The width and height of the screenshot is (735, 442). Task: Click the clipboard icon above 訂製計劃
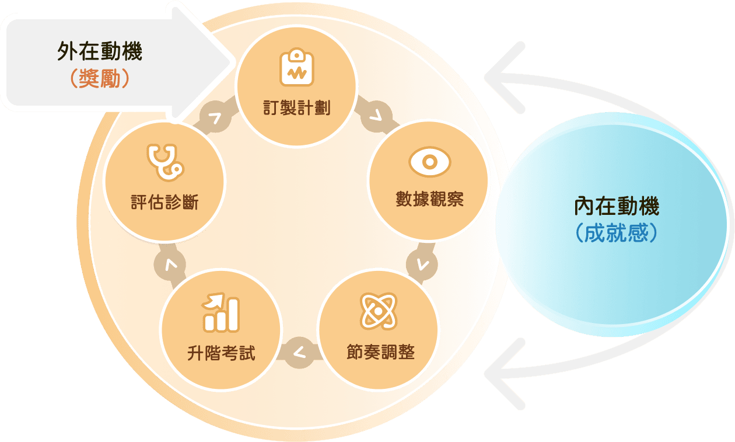point(297,68)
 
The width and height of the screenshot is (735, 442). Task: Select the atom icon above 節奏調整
point(379,311)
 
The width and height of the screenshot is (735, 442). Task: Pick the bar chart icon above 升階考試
point(221,314)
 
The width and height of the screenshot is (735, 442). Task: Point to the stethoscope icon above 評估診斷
point(164,163)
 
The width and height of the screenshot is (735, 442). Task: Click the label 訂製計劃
point(297,109)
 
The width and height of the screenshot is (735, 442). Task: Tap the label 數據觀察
point(429,200)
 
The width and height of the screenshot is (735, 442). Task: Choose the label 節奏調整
point(379,353)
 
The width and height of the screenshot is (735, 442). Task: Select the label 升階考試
point(221,353)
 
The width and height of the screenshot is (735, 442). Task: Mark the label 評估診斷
point(164,203)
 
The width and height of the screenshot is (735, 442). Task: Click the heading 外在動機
point(99,53)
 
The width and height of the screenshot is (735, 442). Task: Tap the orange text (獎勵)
point(99,79)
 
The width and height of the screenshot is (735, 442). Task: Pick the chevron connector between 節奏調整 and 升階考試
point(299,353)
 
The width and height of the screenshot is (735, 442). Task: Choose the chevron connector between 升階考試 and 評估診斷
point(170,265)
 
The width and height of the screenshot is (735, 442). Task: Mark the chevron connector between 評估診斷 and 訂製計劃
point(215,118)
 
